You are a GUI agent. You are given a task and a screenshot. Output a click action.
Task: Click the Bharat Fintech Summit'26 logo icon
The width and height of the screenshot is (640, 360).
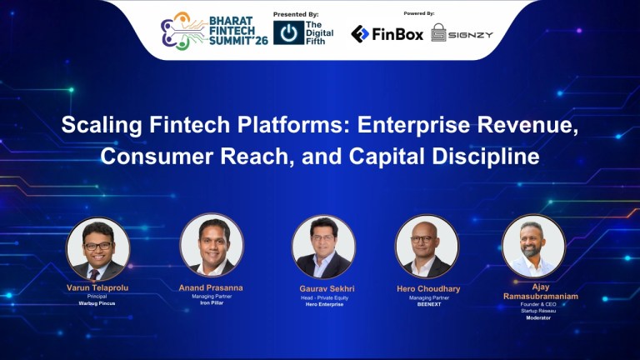pyautogui.click(x=177, y=32)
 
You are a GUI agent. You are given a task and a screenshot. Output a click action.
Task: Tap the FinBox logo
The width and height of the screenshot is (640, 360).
pyautogui.click(x=387, y=33)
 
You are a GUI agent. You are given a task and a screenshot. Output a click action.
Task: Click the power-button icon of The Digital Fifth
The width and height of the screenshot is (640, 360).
pyautogui.click(x=288, y=32)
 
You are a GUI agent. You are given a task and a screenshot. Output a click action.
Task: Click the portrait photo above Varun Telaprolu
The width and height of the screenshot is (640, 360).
pyautogui.click(x=98, y=248)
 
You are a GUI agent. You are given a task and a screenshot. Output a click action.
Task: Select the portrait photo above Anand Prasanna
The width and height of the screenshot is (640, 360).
pyautogui.click(x=212, y=245)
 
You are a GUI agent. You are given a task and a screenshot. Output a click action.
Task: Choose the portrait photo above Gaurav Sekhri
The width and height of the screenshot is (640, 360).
pyautogui.click(x=323, y=247)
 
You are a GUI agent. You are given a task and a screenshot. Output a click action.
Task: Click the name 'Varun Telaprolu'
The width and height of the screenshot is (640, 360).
pyautogui.click(x=98, y=287)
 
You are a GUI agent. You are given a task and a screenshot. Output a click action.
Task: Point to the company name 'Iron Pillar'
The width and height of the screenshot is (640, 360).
pyautogui.click(x=212, y=304)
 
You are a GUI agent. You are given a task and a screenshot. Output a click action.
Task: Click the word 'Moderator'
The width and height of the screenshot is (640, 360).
pyautogui.click(x=533, y=318)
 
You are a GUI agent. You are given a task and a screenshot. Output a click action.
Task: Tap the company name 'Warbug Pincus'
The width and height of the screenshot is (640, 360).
pyautogui.click(x=98, y=304)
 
